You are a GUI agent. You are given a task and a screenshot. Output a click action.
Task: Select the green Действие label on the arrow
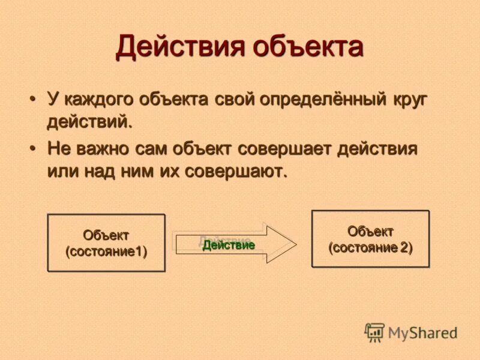click(229, 245)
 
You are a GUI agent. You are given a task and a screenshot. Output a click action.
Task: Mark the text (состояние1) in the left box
click(106, 251)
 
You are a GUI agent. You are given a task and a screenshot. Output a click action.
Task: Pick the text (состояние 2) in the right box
click(370, 247)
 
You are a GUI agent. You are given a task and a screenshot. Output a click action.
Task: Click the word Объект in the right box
click(370, 231)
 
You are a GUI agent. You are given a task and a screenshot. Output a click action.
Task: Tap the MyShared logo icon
click(374, 332)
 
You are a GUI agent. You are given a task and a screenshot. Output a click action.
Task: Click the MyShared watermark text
click(422, 332)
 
